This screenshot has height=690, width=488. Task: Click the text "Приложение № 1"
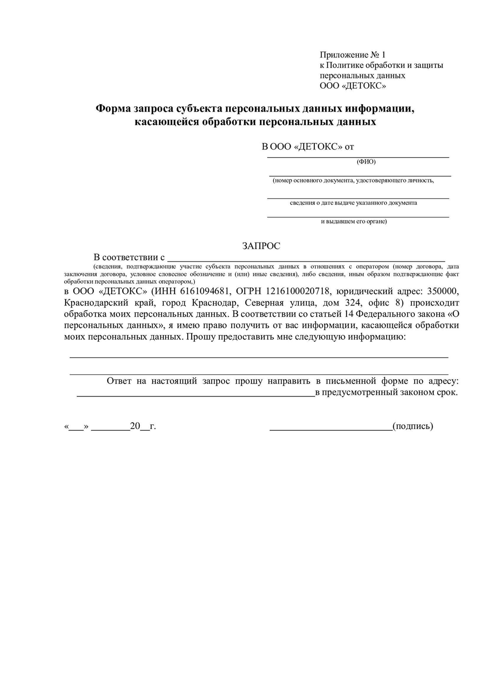[x=352, y=55]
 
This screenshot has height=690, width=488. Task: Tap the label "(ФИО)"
[x=366, y=162]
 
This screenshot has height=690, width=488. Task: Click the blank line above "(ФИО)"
[x=358, y=157]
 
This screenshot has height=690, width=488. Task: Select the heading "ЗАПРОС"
[x=261, y=246]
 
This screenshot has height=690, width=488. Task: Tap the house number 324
[x=352, y=303]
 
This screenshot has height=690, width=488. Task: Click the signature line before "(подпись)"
[x=331, y=430]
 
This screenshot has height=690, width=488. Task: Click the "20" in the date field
[x=135, y=426]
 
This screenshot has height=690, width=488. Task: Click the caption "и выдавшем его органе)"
[x=354, y=222]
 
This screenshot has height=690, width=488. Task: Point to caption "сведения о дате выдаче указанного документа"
[x=353, y=203]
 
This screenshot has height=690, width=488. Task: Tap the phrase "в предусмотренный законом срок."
[x=386, y=392]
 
